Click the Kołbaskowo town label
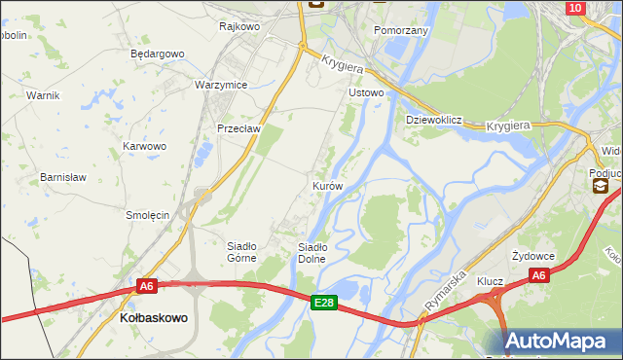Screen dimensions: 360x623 [153, 318]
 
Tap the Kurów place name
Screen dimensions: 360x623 [327, 185]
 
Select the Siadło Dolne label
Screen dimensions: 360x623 [318, 252]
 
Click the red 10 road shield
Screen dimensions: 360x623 [574, 8]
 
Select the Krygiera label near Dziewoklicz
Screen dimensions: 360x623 [506, 126]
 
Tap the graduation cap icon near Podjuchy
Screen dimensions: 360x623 [600, 186]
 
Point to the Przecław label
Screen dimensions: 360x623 [238, 128]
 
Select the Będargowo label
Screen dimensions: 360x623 [157, 54]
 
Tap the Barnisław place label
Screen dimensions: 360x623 [63, 177]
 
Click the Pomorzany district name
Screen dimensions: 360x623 [401, 31]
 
